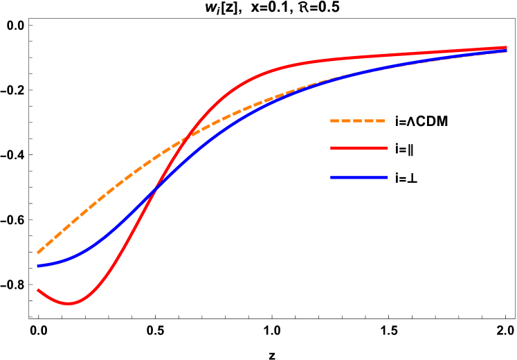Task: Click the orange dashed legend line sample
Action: tap(358, 120)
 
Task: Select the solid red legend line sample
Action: tap(359, 148)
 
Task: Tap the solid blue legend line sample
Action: tap(359, 178)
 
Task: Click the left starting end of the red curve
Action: tap(37, 290)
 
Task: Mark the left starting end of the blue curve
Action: tap(37, 266)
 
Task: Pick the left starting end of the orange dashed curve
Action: tap(37, 253)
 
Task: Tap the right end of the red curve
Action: tap(507, 48)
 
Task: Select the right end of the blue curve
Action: tap(507, 51)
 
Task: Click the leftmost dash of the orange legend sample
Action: tap(334, 120)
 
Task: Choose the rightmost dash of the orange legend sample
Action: tap(380, 120)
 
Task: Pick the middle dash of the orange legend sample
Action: tap(358, 120)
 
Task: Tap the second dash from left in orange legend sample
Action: tap(346, 120)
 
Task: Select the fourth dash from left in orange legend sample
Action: tap(369, 120)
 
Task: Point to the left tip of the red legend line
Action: tap(332, 148)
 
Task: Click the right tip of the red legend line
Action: tap(388, 148)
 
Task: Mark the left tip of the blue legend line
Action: tap(332, 178)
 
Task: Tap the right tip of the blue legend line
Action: tap(388, 178)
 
